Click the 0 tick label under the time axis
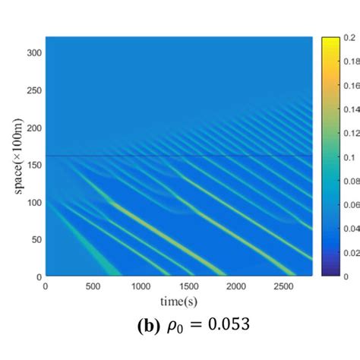46,286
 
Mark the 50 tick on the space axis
35,238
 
